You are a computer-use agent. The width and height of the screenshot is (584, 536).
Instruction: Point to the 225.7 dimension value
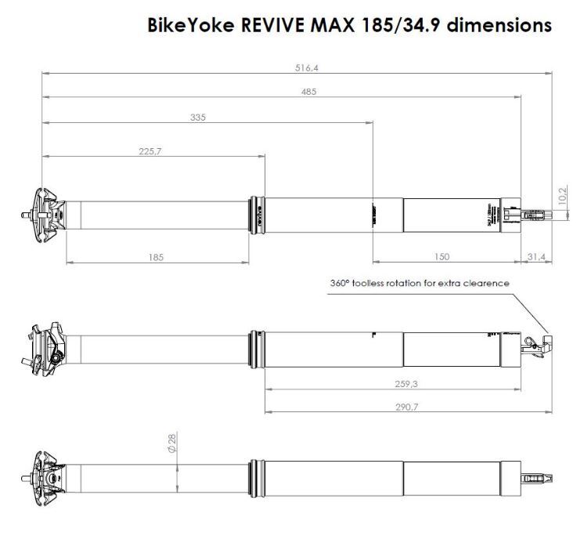click(150, 151)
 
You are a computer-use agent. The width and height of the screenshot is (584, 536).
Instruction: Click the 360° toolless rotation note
click(420, 283)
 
